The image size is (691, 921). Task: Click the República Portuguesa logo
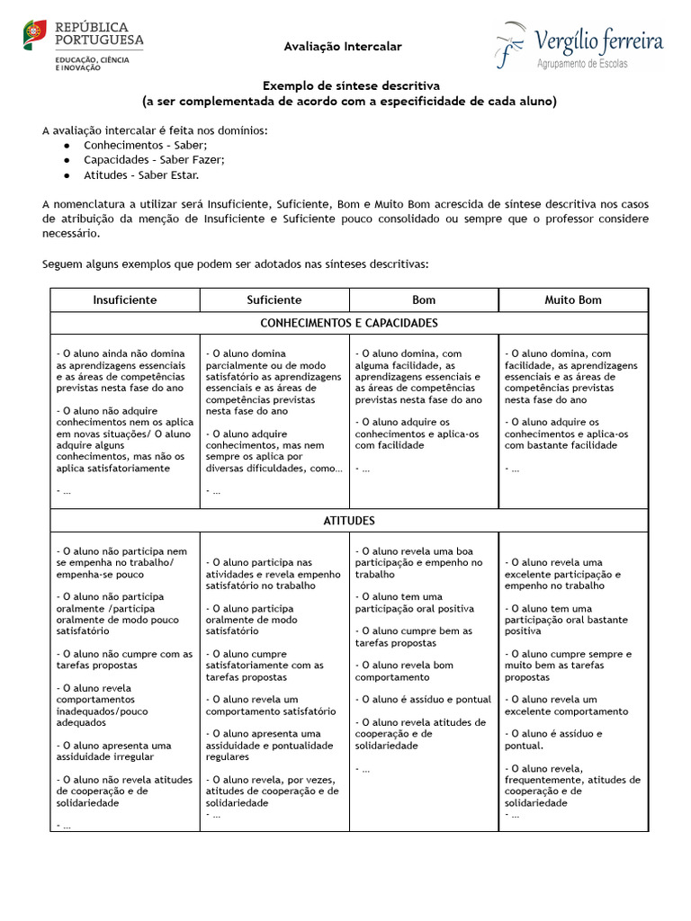83,46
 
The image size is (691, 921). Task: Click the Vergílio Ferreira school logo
579,46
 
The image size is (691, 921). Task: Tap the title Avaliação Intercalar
343,46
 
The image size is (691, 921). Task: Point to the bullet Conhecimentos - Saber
145,145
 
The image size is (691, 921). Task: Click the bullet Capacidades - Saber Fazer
154,159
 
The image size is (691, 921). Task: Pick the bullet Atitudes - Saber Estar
141,174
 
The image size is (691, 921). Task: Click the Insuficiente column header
125,300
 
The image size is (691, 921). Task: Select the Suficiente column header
274,300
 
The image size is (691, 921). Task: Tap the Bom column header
424,300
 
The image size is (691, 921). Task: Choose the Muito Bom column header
573,300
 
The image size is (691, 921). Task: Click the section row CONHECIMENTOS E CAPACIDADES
349,323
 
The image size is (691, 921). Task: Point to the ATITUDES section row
349,521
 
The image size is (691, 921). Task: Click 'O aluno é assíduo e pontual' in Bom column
423,699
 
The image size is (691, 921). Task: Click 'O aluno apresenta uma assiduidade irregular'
113,751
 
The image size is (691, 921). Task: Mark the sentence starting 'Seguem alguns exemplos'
236,264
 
